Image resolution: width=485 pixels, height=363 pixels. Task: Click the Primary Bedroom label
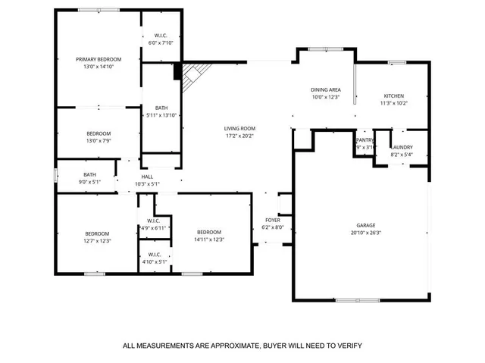coord(98,59)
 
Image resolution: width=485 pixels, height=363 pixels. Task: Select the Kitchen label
coord(393,96)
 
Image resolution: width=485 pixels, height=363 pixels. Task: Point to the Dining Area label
coord(325,89)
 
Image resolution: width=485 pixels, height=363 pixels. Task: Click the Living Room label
coord(239,129)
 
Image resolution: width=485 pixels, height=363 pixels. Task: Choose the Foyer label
coord(271,220)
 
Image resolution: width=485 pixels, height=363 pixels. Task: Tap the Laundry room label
coord(402,147)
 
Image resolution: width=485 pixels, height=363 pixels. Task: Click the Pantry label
coord(365,140)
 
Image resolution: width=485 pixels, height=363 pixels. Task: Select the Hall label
coord(147,177)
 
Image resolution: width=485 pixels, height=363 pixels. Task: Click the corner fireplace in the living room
coord(192,74)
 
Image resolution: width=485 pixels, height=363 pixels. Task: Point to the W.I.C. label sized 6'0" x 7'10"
coord(161,36)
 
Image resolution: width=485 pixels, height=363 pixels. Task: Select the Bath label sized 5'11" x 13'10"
coord(161,108)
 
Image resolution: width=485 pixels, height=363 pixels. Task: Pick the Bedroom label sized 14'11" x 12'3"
coord(208,232)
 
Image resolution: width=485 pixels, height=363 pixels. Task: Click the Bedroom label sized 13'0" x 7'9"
coord(98,133)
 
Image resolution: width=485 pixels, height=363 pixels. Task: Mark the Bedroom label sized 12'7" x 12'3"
coord(97,233)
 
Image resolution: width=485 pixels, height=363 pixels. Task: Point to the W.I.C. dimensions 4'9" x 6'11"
coord(154,228)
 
